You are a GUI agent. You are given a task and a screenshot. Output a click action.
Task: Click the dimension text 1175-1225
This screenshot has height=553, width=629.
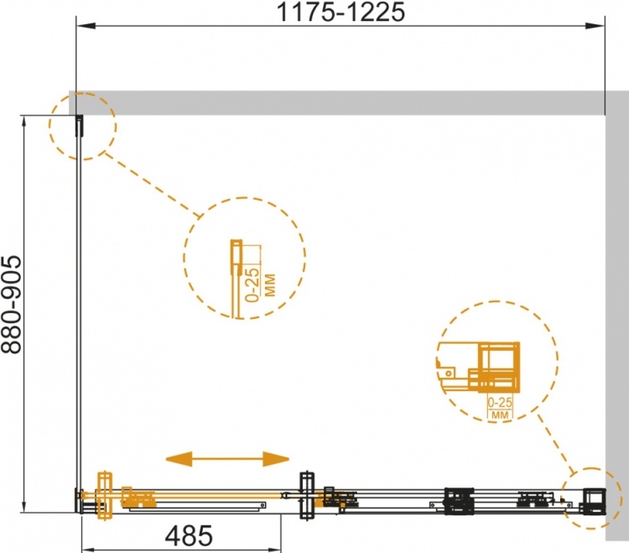pyautogui.click(x=340, y=12)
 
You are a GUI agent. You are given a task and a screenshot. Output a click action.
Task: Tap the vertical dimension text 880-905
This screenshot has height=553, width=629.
pyautogui.click(x=11, y=304)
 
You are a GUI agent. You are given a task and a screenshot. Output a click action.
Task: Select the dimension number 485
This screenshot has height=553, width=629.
pyautogui.click(x=189, y=535)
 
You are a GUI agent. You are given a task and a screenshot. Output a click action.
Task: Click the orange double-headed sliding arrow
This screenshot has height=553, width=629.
pyautogui.click(x=227, y=459)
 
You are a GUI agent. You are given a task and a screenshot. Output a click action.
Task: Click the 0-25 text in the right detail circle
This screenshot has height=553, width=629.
pyautogui.click(x=500, y=402)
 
